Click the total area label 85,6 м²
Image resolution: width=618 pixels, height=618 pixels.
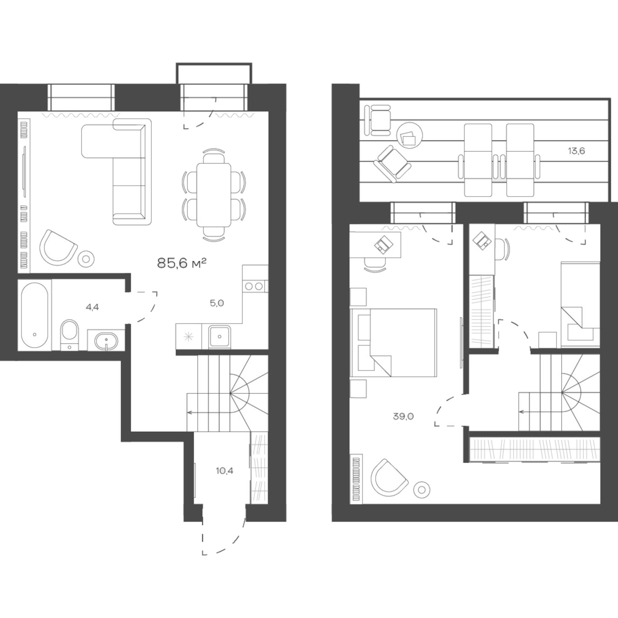tap(182, 263)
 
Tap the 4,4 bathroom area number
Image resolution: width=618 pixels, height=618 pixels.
tap(92, 307)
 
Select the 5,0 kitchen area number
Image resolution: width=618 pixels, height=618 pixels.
tap(217, 303)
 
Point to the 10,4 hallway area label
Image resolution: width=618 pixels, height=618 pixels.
tap(225, 471)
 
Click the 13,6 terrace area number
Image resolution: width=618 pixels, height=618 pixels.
tap(576, 151)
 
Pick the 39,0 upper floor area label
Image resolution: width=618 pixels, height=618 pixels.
tap(403, 416)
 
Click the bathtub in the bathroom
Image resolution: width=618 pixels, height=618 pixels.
tap(34, 315)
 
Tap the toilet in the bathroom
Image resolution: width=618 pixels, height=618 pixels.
tap(69, 334)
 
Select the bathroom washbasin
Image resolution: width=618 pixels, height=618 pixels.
tap(106, 341)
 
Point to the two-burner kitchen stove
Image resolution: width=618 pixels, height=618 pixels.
tap(254, 286)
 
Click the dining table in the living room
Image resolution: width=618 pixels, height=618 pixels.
tap(214, 195)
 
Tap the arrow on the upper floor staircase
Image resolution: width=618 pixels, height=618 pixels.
tap(521, 412)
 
